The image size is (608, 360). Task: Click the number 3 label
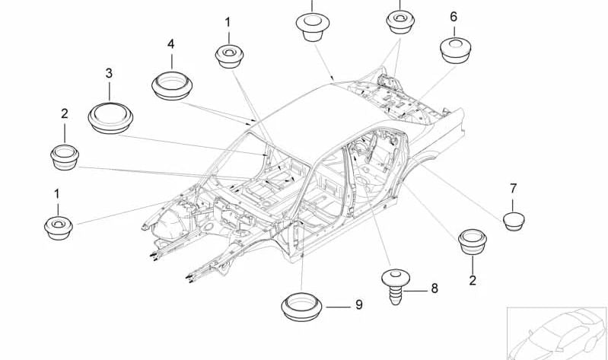pyautogui.click(x=109, y=73)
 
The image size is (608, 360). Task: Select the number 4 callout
pyautogui.click(x=171, y=44)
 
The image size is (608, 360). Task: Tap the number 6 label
pyautogui.click(x=454, y=17)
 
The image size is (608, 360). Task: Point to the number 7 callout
pyautogui.click(x=514, y=189)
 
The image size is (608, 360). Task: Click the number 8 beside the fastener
pyautogui.click(x=435, y=288)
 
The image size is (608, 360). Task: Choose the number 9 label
pyautogui.click(x=359, y=305)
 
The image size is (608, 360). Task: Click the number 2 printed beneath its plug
pyautogui.click(x=473, y=280)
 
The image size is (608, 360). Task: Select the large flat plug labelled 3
pyautogui.click(x=110, y=118)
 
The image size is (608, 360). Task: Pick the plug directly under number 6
pyautogui.click(x=456, y=50)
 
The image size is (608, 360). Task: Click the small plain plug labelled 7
pyautogui.click(x=514, y=221)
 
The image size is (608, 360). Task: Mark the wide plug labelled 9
pyautogui.click(x=301, y=307)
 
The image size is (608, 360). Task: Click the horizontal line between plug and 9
pyautogui.click(x=338, y=307)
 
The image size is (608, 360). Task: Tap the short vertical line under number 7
pyautogui.click(x=513, y=205)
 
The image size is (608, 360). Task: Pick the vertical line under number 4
pyautogui.click(x=172, y=62)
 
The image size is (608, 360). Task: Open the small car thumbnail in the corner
pyautogui.click(x=557, y=333)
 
